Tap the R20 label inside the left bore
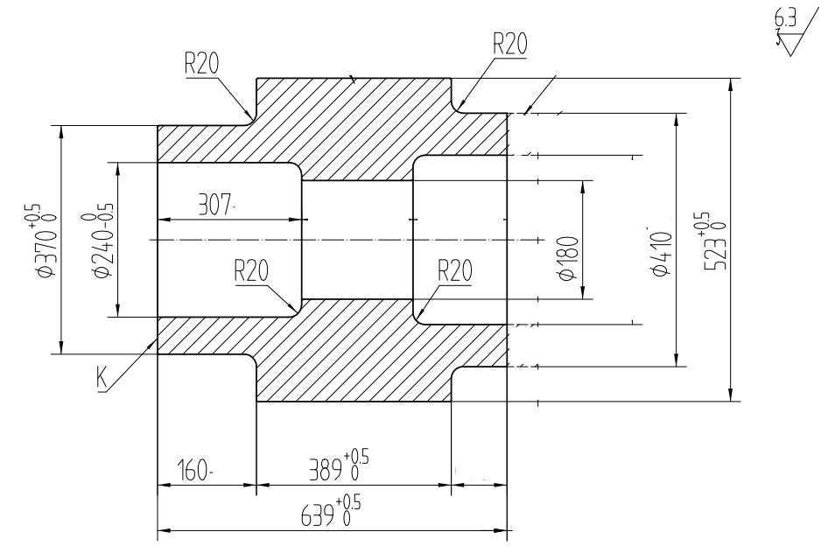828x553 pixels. pyautogui.click(x=251, y=272)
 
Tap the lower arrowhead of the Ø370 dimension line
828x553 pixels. pyautogui.click(x=60, y=348)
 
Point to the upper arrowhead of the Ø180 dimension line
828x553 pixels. pyautogui.click(x=583, y=186)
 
